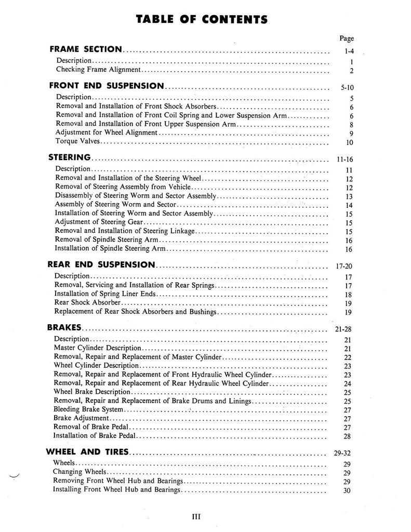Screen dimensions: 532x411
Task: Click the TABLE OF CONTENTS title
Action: pos(202,20)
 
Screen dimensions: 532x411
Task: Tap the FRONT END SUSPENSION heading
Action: pos(107,86)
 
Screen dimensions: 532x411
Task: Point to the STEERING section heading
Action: pos(70,157)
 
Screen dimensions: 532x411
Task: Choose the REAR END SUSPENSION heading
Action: pos(101,264)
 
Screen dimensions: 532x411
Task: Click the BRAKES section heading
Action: pos(64,328)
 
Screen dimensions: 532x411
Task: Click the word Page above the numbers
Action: pos(347,38)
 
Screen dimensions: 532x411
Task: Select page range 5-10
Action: pos(347,88)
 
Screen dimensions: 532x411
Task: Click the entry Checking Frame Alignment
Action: pos(98,70)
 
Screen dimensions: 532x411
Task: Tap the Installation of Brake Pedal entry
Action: pos(87,436)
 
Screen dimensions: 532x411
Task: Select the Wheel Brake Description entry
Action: pos(92,392)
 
